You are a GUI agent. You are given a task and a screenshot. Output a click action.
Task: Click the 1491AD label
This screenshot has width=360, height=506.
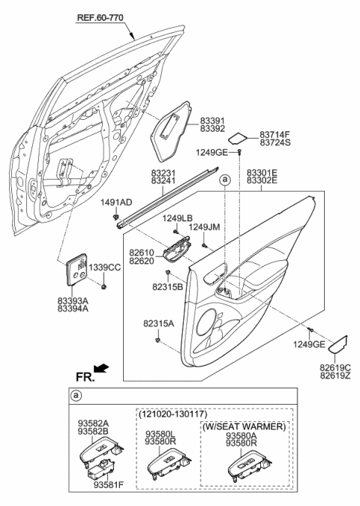point(117,202)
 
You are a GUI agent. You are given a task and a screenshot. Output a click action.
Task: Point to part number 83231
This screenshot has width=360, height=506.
point(163,171)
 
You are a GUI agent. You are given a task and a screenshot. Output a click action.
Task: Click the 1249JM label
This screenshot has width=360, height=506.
point(205,227)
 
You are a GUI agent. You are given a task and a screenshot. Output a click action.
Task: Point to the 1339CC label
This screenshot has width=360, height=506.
point(105,268)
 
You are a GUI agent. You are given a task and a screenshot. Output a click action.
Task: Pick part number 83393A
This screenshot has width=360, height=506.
point(74,301)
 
